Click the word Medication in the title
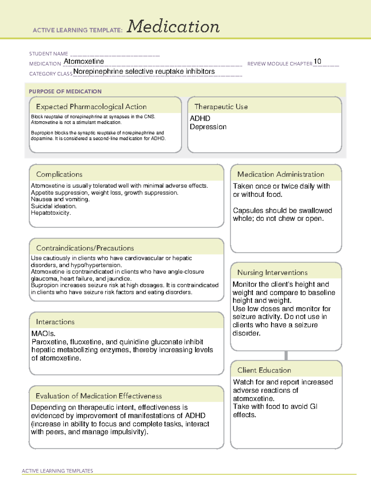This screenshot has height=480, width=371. click(x=173, y=27)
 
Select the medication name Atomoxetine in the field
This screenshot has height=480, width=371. click(x=84, y=62)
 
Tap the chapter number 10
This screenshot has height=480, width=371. click(x=317, y=62)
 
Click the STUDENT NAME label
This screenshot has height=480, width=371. click(x=49, y=54)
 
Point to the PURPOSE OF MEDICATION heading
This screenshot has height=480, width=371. click(x=65, y=91)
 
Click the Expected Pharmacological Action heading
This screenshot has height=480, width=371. click(x=91, y=107)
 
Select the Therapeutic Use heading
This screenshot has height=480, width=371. click(x=221, y=107)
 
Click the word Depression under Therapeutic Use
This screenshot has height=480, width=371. click(x=208, y=127)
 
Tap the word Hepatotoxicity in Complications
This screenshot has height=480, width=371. click(x=51, y=213)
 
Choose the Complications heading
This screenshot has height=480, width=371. click(x=59, y=174)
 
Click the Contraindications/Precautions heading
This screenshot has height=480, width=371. click(x=85, y=248)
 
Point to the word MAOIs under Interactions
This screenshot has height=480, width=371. click(x=43, y=334)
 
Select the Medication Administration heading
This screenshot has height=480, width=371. click(x=281, y=174)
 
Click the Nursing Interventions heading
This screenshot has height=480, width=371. click(x=272, y=273)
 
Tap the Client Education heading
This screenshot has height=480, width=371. click(x=264, y=370)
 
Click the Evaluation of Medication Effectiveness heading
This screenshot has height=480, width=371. click(x=99, y=396)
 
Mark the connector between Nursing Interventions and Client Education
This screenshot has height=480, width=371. click(x=286, y=355)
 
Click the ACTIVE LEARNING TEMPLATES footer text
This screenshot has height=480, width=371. click(x=58, y=471)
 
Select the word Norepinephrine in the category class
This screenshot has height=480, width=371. click(x=98, y=72)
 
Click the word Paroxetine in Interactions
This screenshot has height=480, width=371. click(x=49, y=342)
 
